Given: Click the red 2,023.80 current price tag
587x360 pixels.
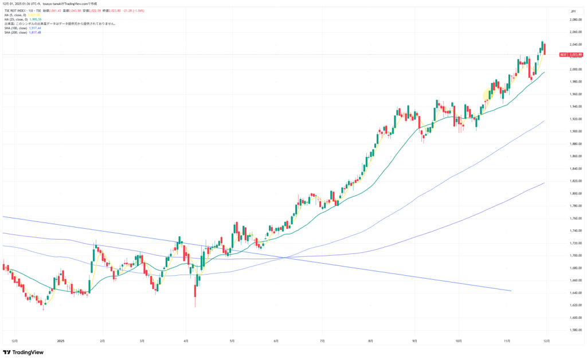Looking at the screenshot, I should pyautogui.click(x=575, y=54).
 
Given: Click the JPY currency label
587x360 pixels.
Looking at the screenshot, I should pyautogui.click(x=573, y=11).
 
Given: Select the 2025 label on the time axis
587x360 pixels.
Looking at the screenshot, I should pyautogui.click(x=61, y=341).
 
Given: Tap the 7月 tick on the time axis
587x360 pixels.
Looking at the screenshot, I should pyautogui.click(x=323, y=341).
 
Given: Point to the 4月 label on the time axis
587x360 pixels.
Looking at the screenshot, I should pyautogui.click(x=186, y=341).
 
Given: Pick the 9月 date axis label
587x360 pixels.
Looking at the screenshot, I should pyautogui.click(x=414, y=341).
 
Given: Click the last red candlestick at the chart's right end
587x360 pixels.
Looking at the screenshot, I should pyautogui.click(x=545, y=49).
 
